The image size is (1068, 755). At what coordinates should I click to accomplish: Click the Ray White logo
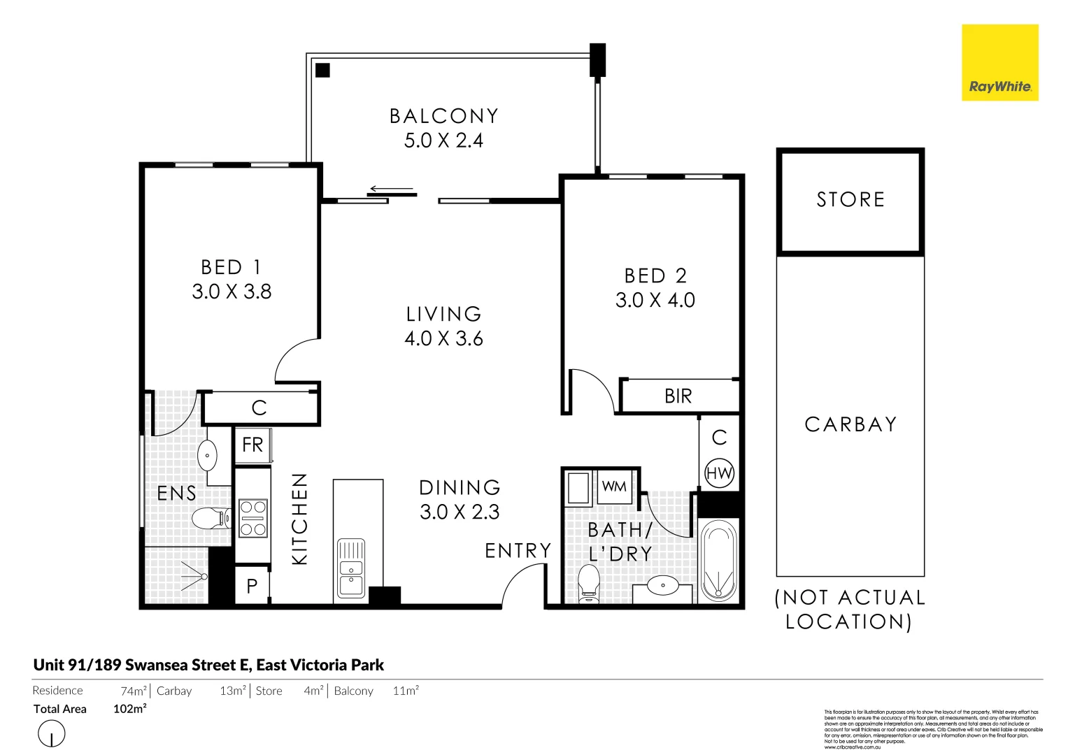(x=999, y=63)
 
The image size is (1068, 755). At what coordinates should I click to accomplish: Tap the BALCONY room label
(x=443, y=116)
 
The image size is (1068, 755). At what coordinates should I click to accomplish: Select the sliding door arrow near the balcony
(x=392, y=189)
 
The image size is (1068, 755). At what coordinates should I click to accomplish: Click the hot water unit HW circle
(x=719, y=473)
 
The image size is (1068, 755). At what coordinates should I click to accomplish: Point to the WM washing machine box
(x=614, y=487)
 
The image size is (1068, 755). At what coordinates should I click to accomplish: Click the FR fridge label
(x=252, y=445)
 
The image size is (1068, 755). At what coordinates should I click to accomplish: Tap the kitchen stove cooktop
(x=252, y=517)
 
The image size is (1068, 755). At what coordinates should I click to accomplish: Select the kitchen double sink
(x=351, y=568)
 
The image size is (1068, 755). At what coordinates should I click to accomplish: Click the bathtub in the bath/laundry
(x=718, y=560)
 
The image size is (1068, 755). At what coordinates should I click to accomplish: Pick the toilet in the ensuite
(x=210, y=518)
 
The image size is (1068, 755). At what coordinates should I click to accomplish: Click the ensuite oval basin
(x=208, y=456)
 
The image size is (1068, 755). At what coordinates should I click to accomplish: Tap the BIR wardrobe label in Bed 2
(x=678, y=396)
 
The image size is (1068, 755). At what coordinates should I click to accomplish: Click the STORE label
(x=850, y=200)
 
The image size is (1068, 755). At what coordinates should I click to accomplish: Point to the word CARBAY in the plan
(x=850, y=424)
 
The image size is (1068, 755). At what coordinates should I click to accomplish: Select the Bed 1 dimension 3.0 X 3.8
(x=232, y=292)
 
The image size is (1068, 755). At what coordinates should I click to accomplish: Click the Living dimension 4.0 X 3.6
(x=443, y=339)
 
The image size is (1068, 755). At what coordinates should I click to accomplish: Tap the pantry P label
(x=252, y=587)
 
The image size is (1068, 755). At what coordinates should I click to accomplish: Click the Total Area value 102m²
(x=129, y=709)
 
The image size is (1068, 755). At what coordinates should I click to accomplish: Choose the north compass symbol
(x=51, y=734)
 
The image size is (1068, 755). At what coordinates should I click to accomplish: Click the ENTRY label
(x=518, y=551)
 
